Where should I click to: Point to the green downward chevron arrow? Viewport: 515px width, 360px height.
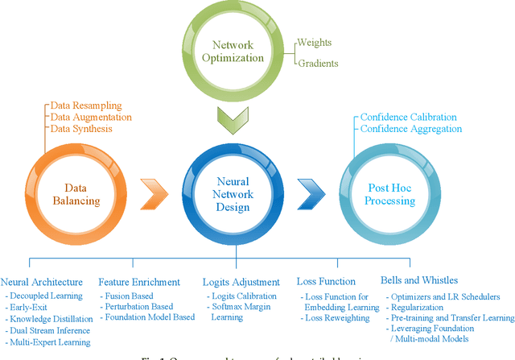[237, 122]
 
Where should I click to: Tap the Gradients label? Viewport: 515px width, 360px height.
[320, 64]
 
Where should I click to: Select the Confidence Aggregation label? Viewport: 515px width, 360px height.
[410, 129]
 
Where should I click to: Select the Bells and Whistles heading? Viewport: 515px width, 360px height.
[422, 282]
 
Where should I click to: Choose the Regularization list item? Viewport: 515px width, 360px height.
[421, 307]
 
